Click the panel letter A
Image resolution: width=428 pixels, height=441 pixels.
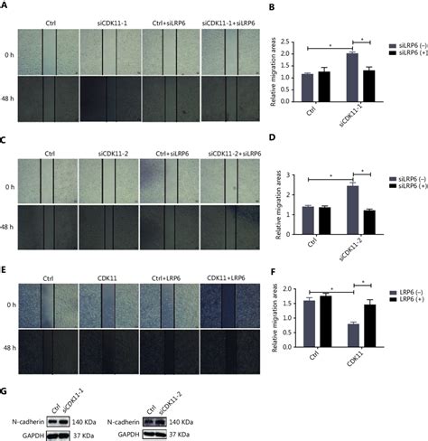coord(5,6)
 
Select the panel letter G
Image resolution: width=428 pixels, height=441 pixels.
coord(5,391)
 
